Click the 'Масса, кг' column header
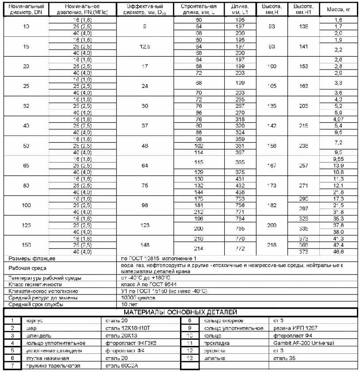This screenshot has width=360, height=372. pos(338,9)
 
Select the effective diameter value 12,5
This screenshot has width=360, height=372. pos(145,46)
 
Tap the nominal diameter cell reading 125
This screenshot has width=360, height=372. pos(25,225)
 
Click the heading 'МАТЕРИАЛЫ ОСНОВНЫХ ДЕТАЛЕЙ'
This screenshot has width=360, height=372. pos(180,313)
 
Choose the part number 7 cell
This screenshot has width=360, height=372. pos(13,366)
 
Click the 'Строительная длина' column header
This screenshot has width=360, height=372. pos(199,9)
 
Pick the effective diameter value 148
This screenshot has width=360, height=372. pos(145,245)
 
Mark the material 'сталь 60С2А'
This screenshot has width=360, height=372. pos(119,366)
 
